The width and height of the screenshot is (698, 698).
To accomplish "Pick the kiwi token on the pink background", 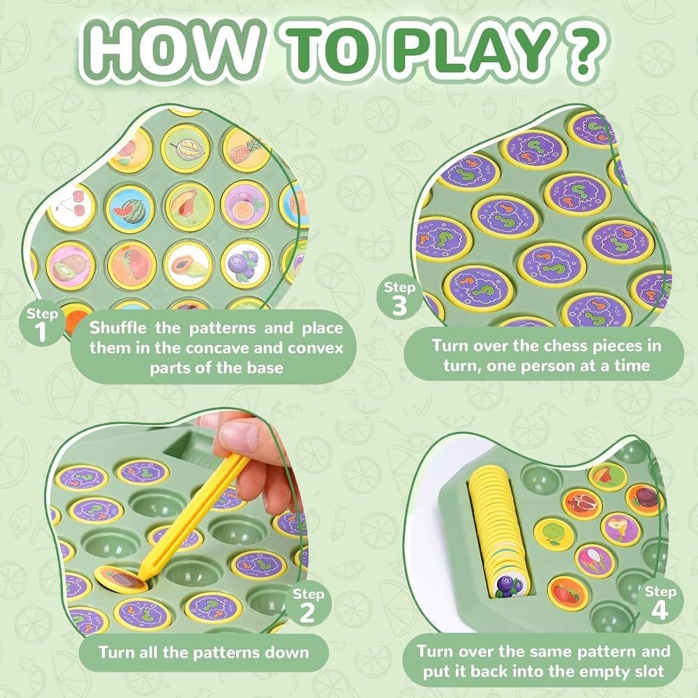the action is [x=70, y=266].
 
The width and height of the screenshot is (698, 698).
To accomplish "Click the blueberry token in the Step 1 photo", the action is [x=245, y=265].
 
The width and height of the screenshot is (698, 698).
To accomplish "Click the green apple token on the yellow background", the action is [x=554, y=535].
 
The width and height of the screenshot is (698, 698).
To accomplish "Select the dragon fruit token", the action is [x=595, y=560].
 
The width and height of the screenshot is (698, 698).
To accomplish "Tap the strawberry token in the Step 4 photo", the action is [x=567, y=593].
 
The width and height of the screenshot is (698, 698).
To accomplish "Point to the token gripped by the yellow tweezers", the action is [x=121, y=579].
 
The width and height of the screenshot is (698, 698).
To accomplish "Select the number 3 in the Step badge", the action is [x=399, y=306].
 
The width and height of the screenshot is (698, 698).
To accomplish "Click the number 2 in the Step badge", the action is [x=306, y=613].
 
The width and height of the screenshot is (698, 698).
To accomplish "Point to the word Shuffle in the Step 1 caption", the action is [x=117, y=328].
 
